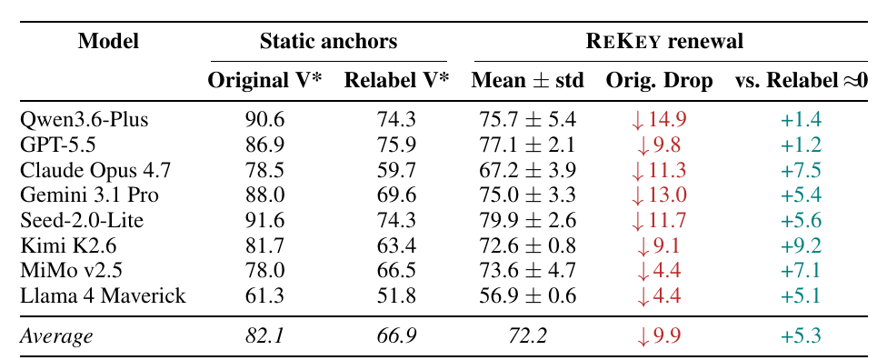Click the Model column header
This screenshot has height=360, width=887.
pyautogui.click(x=109, y=41)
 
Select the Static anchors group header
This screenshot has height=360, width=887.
pyautogui.click(x=328, y=41)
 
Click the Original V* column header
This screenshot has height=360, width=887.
pyautogui.click(x=264, y=81)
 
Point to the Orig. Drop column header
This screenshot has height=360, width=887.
pyautogui.click(x=659, y=82)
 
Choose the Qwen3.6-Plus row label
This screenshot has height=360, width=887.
pyautogui.click(x=85, y=120)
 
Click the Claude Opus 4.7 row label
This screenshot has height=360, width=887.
pyautogui.click(x=95, y=170)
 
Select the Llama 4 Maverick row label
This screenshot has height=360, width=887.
pyautogui.click(x=103, y=295)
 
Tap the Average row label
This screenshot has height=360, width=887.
pyautogui.click(x=56, y=336)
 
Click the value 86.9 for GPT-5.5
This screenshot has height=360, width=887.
pyautogui.click(x=264, y=145)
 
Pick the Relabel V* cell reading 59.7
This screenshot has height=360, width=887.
pyautogui.click(x=396, y=170)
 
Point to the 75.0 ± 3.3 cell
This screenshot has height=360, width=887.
pyautogui.click(x=527, y=195)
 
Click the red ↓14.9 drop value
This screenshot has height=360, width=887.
pyautogui.click(x=659, y=120)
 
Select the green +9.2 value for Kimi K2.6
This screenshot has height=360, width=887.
pyautogui.click(x=801, y=245)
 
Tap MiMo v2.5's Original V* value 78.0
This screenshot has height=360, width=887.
pyautogui.click(x=264, y=271)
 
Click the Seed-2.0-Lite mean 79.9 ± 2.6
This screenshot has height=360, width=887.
pyautogui.click(x=527, y=220)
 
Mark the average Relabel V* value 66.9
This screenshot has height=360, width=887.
pyautogui.click(x=396, y=336)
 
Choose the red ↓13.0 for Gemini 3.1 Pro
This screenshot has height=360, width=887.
pyautogui.click(x=659, y=195)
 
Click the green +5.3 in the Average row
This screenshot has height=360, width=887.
pyautogui.click(x=801, y=336)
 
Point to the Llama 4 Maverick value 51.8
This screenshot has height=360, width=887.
pyautogui.click(x=396, y=295)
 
